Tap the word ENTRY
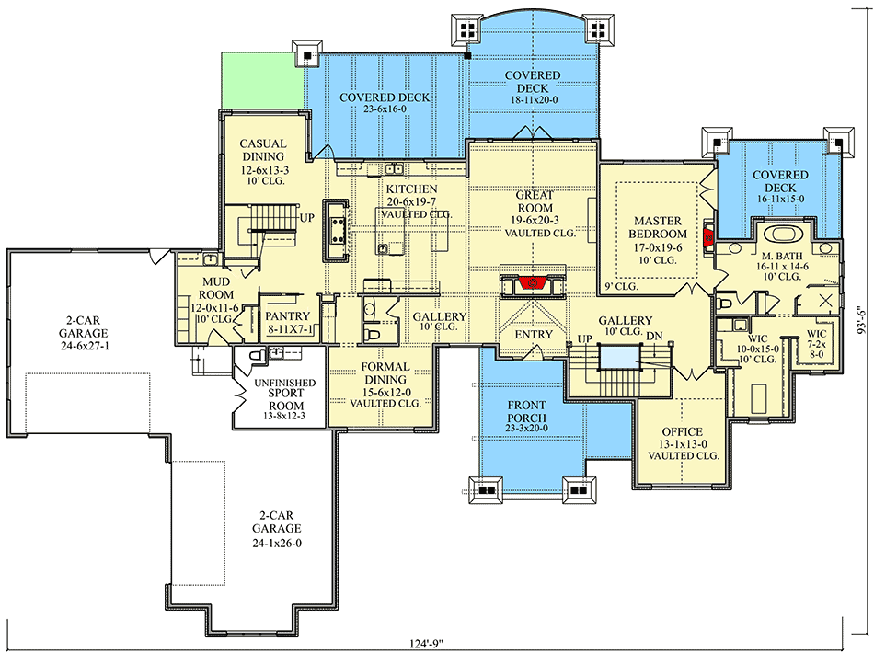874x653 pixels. pos(534,335)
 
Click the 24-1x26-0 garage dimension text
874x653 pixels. pos(277,543)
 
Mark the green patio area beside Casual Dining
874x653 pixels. pos(262,81)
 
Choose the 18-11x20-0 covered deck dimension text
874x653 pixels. pos(533,89)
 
